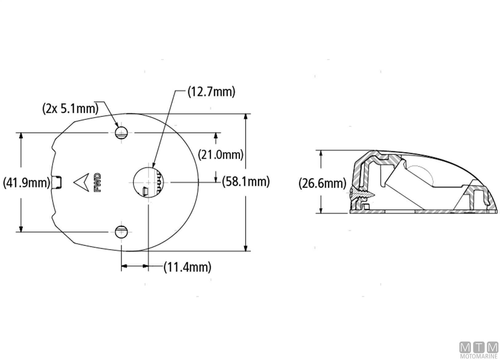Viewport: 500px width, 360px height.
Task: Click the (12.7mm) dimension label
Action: [x=211, y=92]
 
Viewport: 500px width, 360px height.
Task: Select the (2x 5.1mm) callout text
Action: [x=70, y=109]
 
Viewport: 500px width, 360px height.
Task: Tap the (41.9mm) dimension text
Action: [x=27, y=183]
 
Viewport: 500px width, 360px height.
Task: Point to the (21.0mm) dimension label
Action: [x=221, y=155]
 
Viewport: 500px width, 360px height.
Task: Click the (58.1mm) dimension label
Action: [x=246, y=182]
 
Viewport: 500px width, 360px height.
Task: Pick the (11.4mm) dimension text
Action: [x=187, y=267]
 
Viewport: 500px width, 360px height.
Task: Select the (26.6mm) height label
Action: [x=322, y=183]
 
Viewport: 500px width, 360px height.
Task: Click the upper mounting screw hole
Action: [x=121, y=133]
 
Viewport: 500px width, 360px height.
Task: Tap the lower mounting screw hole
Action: [x=121, y=232]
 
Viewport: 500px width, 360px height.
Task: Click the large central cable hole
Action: [x=148, y=182]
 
